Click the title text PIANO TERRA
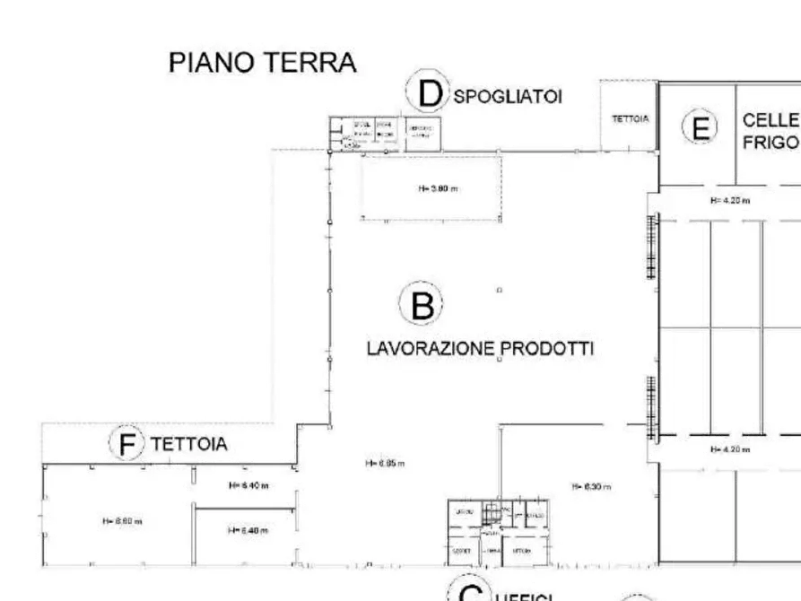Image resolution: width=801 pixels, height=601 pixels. point(263,63)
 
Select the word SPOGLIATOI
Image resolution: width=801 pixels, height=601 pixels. point(508,97)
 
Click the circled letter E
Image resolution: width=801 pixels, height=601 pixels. point(701,128)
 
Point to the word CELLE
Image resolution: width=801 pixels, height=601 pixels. point(770,120)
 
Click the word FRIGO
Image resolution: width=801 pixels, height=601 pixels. point(770,143)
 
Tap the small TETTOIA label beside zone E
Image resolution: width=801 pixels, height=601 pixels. point(629,118)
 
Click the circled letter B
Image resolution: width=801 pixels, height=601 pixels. point(421,306)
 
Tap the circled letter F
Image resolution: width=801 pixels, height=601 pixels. point(126,443)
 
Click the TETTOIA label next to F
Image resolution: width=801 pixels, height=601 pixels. point(188,444)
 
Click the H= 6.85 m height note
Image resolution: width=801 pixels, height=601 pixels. point(385,464)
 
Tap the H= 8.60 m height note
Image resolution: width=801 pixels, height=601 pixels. point(122,520)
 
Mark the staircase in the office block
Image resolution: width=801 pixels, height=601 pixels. point(492,514)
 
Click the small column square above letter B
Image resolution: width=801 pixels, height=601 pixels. point(500,291)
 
